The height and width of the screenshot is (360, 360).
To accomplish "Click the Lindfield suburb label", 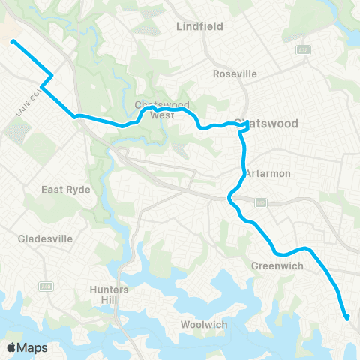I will [200, 26].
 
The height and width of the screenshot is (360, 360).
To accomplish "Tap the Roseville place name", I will [235, 73].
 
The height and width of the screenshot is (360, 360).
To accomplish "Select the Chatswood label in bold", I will [266, 123].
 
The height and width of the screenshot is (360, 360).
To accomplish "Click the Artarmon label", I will [268, 173].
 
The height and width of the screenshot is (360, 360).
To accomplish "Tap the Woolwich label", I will [204, 325].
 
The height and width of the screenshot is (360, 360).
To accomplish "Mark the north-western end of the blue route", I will [13, 42].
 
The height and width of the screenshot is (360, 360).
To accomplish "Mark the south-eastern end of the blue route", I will [346, 318].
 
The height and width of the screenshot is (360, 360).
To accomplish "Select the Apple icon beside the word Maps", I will [11, 347].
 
